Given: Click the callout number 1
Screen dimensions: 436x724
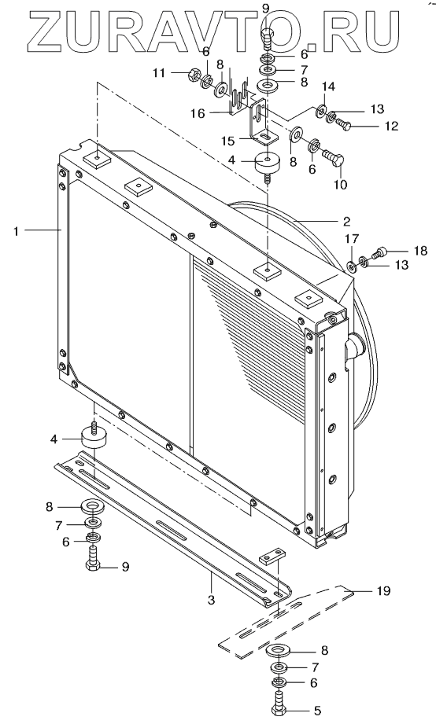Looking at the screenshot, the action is [x=17, y=231].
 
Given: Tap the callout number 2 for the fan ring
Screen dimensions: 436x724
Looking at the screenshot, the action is [x=346, y=221].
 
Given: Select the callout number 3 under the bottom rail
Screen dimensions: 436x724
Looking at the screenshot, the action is [x=211, y=601].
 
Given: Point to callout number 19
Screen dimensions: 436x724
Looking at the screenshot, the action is [x=383, y=590].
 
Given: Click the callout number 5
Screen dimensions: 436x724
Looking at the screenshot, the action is [x=317, y=711].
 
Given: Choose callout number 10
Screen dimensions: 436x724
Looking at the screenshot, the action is [x=340, y=185].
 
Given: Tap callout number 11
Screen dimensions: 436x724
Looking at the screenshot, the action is [x=159, y=73].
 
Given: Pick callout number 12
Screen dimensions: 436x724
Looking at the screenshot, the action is [x=391, y=126].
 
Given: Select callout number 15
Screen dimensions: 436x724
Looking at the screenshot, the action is [x=227, y=141].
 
